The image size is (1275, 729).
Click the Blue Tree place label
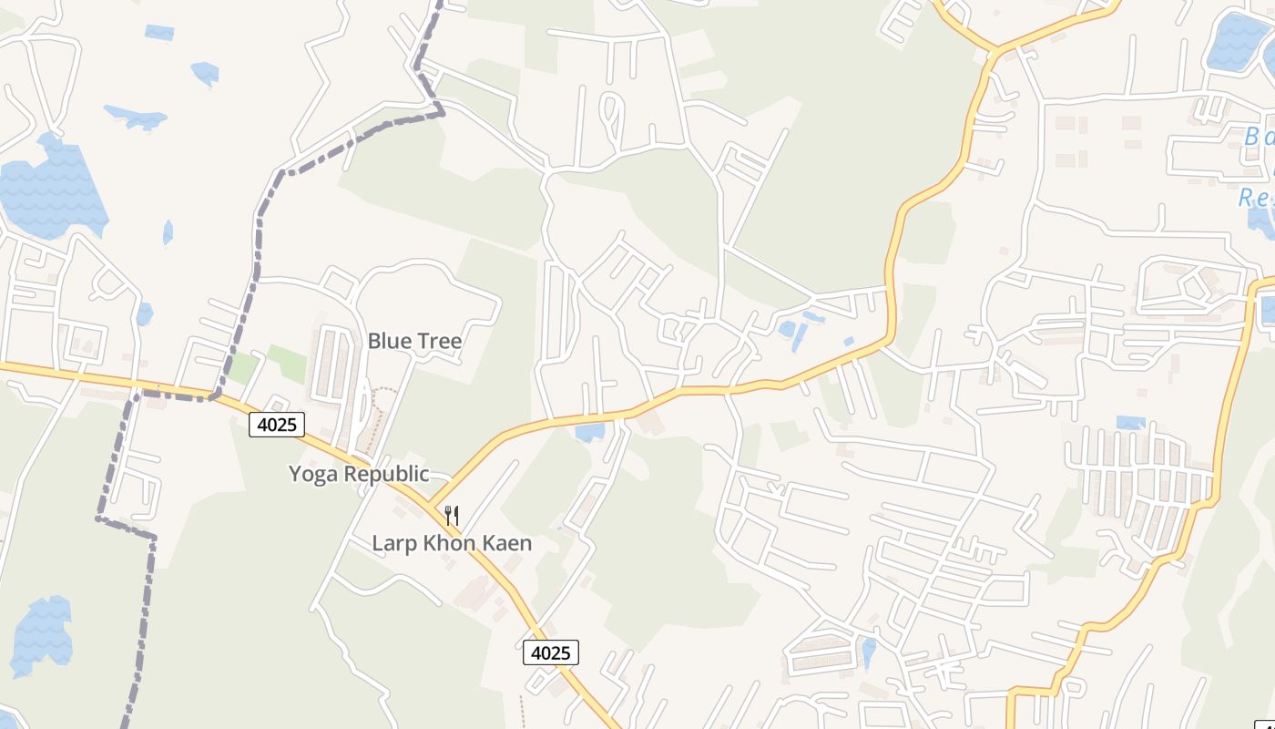pos(414,341)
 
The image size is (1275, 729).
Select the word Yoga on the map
pos(313,474)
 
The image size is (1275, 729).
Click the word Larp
pos(393,544)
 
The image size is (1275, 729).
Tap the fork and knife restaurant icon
pos(452,516)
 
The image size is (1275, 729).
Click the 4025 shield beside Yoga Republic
pos(276,424)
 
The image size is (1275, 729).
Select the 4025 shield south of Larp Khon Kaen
pos(550,652)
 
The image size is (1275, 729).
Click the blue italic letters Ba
pos(1260,138)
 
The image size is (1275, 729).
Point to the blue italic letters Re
pos(1255,198)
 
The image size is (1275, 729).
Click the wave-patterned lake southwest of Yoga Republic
pos(41,633)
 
